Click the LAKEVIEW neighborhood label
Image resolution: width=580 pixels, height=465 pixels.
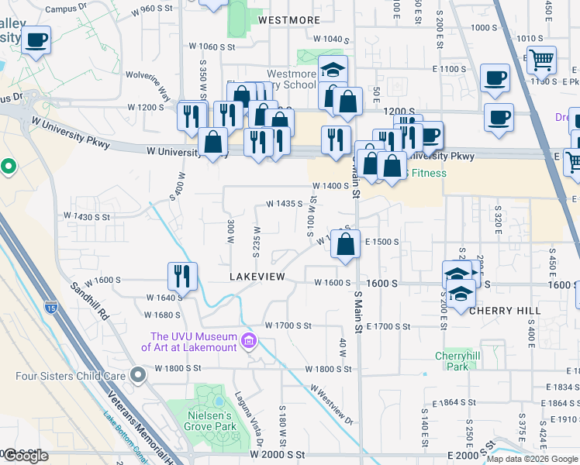click(257, 277)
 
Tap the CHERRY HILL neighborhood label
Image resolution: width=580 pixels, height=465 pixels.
click(505, 311)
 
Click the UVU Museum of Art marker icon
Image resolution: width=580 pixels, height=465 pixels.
click(250, 341)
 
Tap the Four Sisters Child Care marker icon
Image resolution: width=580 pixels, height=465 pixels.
click(139, 376)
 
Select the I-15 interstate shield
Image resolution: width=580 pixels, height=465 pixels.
click(51, 308)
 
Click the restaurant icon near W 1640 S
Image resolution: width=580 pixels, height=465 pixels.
click(182, 275)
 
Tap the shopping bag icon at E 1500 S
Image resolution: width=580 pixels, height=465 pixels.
click(346, 243)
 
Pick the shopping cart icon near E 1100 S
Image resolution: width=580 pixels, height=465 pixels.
click(541, 60)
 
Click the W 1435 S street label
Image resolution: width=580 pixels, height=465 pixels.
click(283, 204)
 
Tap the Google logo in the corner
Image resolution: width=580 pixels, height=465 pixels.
click(26, 456)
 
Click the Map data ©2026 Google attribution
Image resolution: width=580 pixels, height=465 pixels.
click(532, 459)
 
